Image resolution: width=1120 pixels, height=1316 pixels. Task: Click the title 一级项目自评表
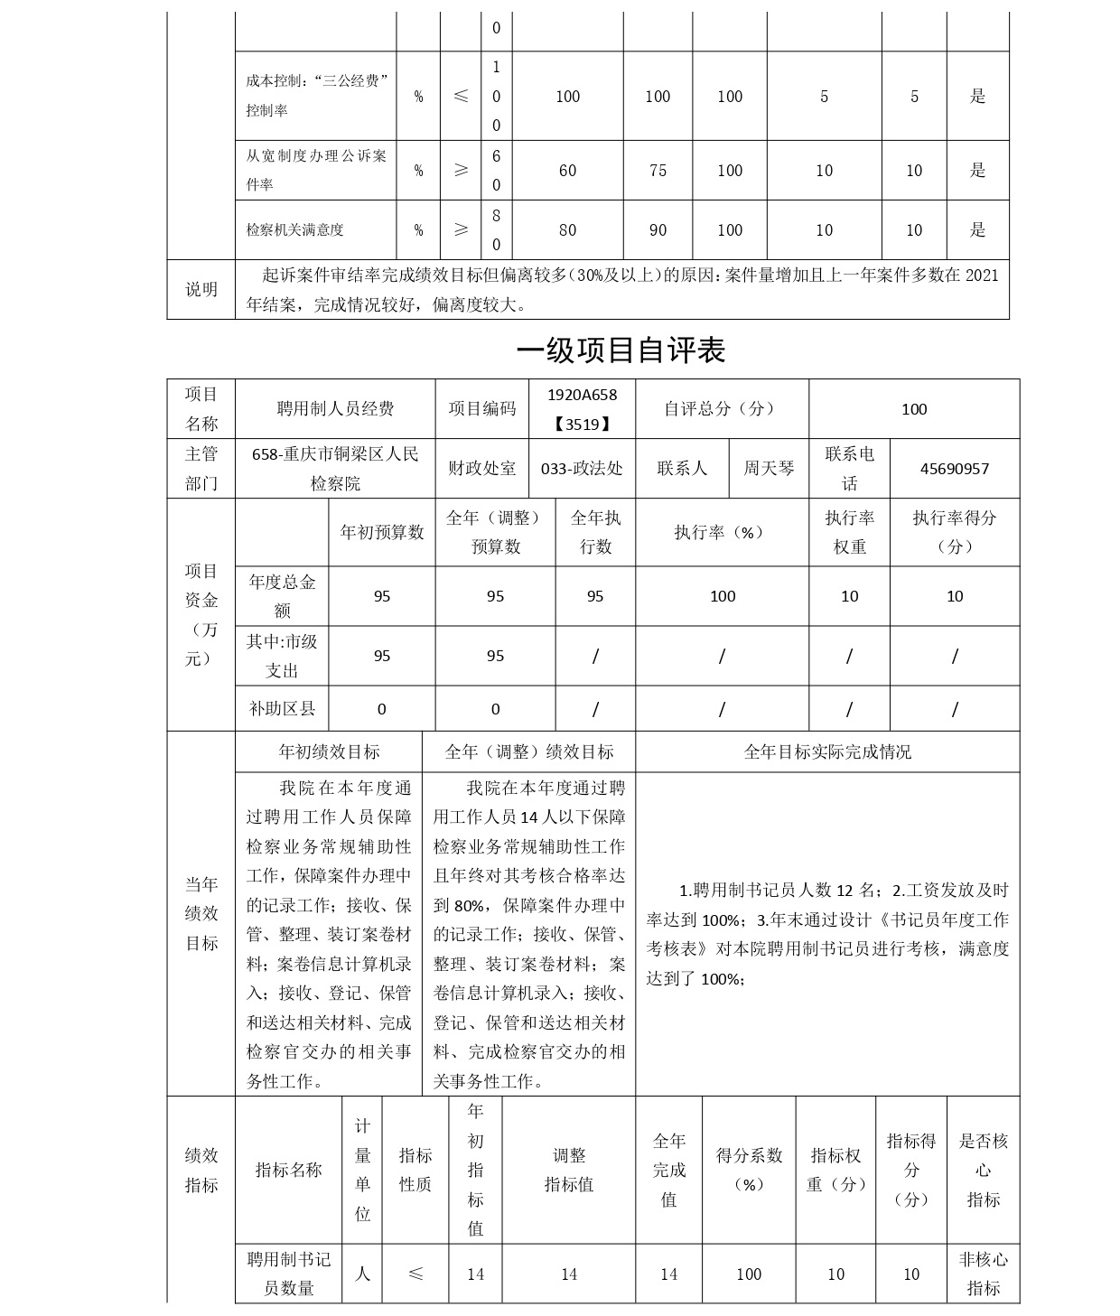click(621, 350)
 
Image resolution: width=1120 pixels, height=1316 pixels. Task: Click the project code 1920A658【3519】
click(582, 408)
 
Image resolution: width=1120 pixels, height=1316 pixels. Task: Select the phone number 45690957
click(954, 469)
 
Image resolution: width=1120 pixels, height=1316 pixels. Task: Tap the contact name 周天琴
click(769, 468)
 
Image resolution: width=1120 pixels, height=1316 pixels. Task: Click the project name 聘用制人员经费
click(335, 409)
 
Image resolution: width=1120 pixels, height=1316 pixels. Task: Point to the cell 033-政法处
click(581, 469)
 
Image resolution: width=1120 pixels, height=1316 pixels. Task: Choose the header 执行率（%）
click(721, 532)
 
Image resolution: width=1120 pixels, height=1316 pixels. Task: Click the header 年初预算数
click(382, 532)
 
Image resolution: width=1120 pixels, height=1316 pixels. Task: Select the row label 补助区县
click(282, 709)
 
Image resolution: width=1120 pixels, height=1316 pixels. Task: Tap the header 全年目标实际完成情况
click(826, 751)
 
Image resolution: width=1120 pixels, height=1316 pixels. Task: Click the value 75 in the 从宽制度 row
click(658, 171)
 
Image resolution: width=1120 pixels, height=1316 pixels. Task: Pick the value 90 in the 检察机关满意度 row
click(658, 230)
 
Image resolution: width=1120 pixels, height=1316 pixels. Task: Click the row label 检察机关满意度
click(295, 230)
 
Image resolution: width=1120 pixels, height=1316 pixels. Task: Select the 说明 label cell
click(201, 289)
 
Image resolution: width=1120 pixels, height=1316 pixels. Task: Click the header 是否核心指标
click(983, 1170)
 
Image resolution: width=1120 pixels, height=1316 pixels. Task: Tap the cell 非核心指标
click(983, 1274)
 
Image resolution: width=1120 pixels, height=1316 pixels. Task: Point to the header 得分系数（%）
click(749, 1170)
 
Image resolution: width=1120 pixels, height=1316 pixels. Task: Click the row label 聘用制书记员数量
click(289, 1274)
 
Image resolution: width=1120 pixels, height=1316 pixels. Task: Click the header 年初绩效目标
click(329, 751)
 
